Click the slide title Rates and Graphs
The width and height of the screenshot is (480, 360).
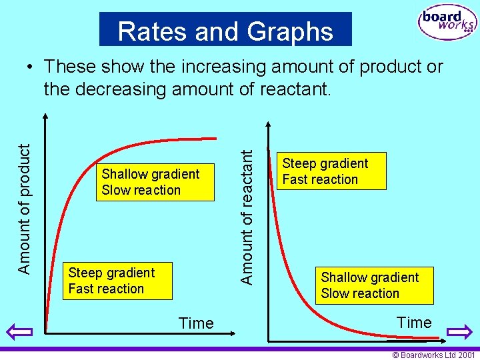coord(225,31)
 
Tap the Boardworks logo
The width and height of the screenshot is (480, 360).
coord(447,23)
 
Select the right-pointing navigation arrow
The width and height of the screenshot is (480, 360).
coord(459,331)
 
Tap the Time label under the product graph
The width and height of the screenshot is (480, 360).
coord(196,323)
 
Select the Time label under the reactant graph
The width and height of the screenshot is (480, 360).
coord(414,323)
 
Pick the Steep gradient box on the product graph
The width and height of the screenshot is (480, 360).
coord(117,281)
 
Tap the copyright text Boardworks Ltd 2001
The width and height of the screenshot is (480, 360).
coord(433,355)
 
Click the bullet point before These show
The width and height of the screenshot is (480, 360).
coord(31,67)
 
